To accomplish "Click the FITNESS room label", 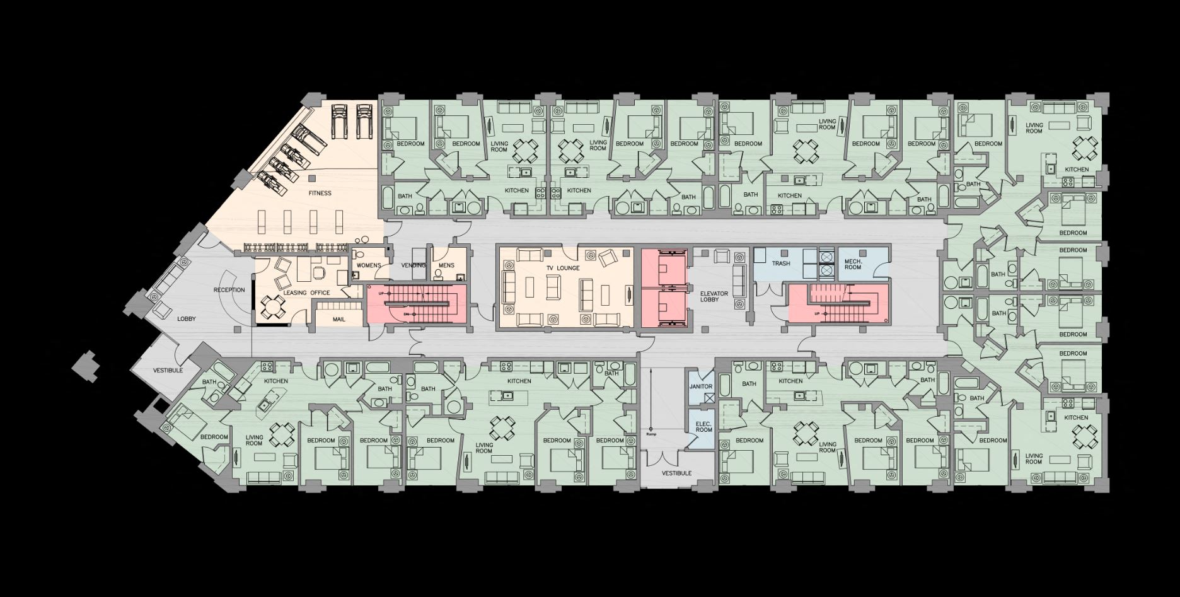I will coord(320,193).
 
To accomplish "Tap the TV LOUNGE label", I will coord(563,268).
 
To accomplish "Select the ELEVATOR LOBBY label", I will coord(714,297).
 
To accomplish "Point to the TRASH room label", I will coord(781,264).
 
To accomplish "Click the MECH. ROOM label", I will coord(852,264).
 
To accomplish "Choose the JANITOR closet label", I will coord(701,386).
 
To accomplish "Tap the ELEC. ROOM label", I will coord(703,427).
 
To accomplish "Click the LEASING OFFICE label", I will coord(307,293).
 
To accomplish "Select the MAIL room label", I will coord(339,320).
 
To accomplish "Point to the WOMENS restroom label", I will coord(369,265).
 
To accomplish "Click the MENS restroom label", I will coord(446,265).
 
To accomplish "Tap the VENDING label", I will coord(414,265).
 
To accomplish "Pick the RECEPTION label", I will coord(229,290).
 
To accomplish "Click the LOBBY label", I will coord(186,319).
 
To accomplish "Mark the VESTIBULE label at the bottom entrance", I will coord(676,473).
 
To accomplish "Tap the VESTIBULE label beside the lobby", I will coord(168,370).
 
